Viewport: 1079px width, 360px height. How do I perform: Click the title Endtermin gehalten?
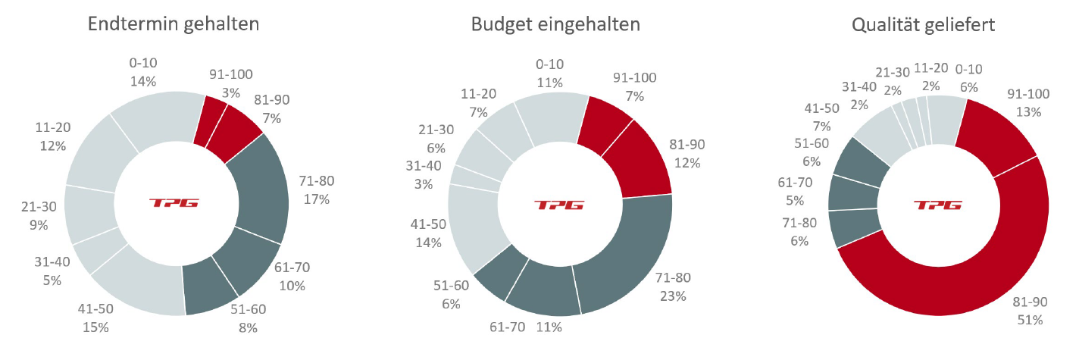[x=174, y=23]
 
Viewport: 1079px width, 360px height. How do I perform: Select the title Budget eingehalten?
[x=555, y=23]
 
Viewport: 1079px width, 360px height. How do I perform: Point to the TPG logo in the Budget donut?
[x=559, y=205]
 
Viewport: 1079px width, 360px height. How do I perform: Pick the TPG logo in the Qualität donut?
[x=937, y=205]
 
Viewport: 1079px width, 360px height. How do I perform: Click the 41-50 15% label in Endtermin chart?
[x=95, y=318]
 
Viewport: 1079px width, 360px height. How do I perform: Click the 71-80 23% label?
[x=672, y=287]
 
